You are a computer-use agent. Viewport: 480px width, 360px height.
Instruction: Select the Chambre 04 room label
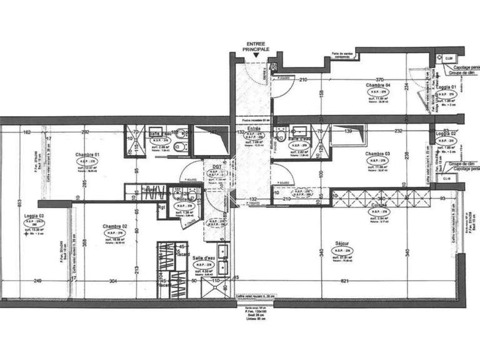(x=378, y=85)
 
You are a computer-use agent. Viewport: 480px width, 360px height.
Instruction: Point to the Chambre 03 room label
(x=377, y=154)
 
